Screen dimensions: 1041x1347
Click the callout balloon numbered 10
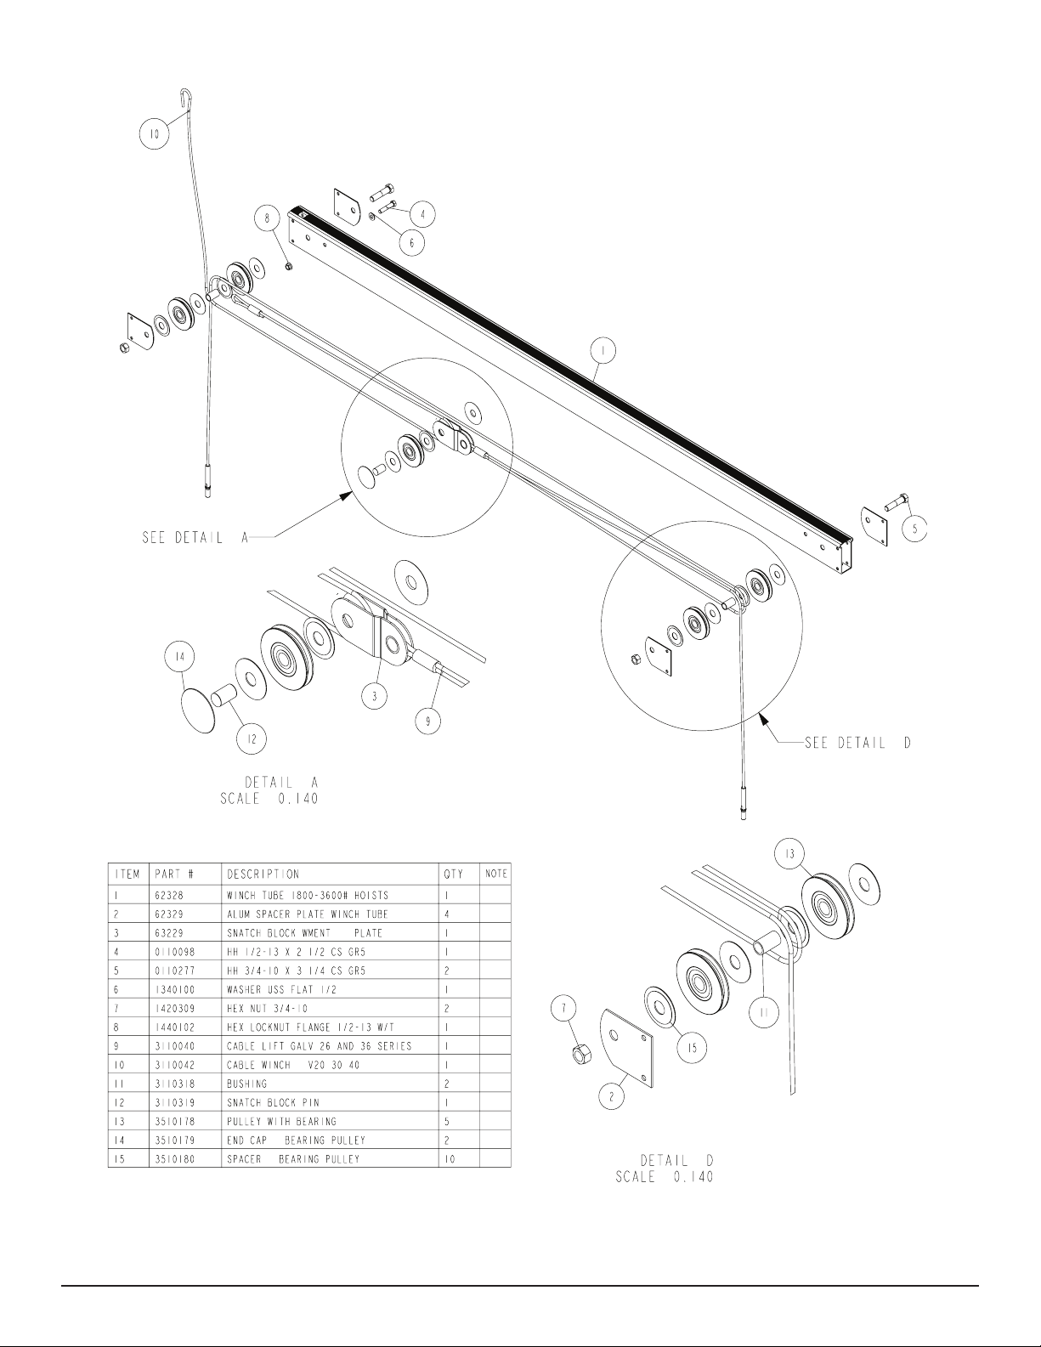[x=155, y=133]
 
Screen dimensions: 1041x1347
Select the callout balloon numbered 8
[x=268, y=218]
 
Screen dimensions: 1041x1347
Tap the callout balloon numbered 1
[x=603, y=352]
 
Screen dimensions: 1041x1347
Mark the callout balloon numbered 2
[x=612, y=1096]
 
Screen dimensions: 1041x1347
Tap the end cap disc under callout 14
[x=198, y=709]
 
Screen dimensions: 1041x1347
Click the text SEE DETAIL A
[x=195, y=537]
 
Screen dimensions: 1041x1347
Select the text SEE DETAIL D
[x=857, y=743]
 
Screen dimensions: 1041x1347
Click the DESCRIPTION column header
[x=263, y=874]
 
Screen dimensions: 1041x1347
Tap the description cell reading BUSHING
[x=246, y=1084]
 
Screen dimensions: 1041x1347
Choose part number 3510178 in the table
[x=175, y=1121]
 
